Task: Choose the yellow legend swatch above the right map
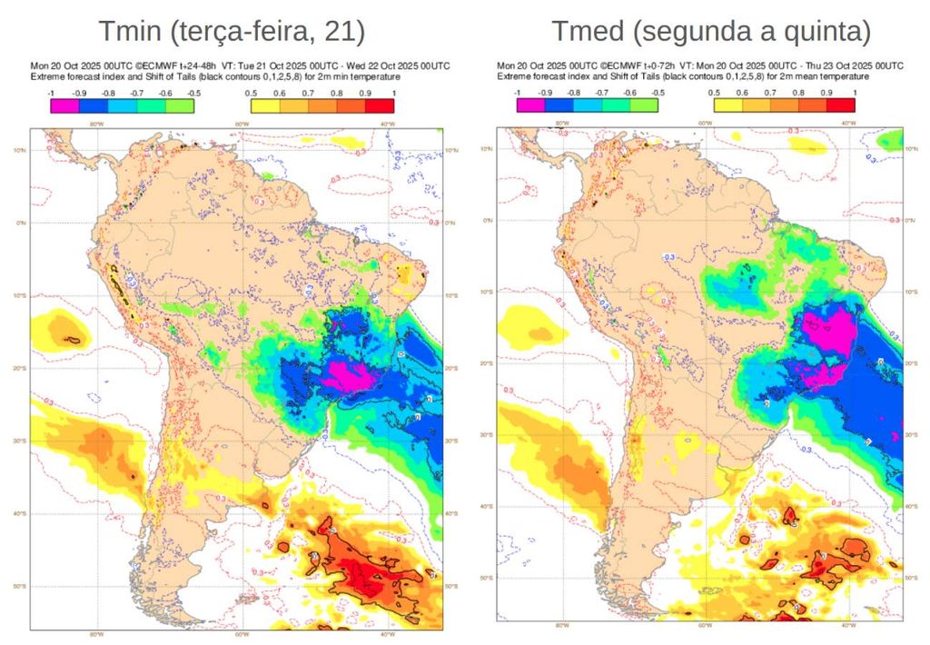pos(728,105)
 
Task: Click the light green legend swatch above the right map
pos(644,105)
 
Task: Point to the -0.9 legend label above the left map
pos(79,93)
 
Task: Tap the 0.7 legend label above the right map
pos(770,93)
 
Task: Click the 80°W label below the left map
pos(95,634)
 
